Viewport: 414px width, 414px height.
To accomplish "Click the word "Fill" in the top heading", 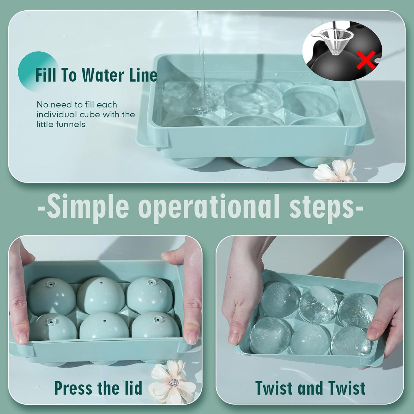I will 46,75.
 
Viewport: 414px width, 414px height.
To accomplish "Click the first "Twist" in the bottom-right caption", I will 274,388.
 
